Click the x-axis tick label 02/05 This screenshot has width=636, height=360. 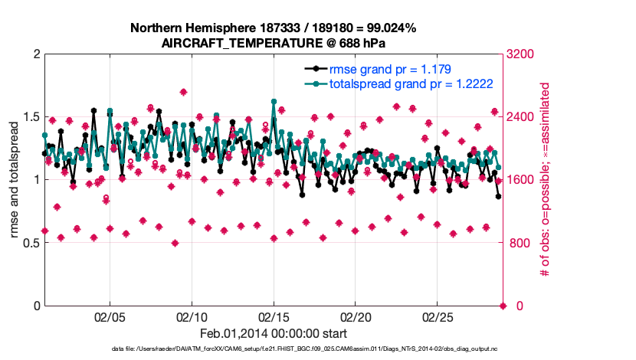[x=109, y=317]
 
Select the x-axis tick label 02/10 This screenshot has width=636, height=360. [x=192, y=317]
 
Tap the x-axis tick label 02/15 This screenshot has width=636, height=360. [x=274, y=317]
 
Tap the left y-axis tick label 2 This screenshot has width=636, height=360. [x=35, y=54]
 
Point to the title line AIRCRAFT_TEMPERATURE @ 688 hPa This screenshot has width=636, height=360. [x=273, y=44]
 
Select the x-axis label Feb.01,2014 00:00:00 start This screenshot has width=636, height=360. [x=273, y=334]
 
